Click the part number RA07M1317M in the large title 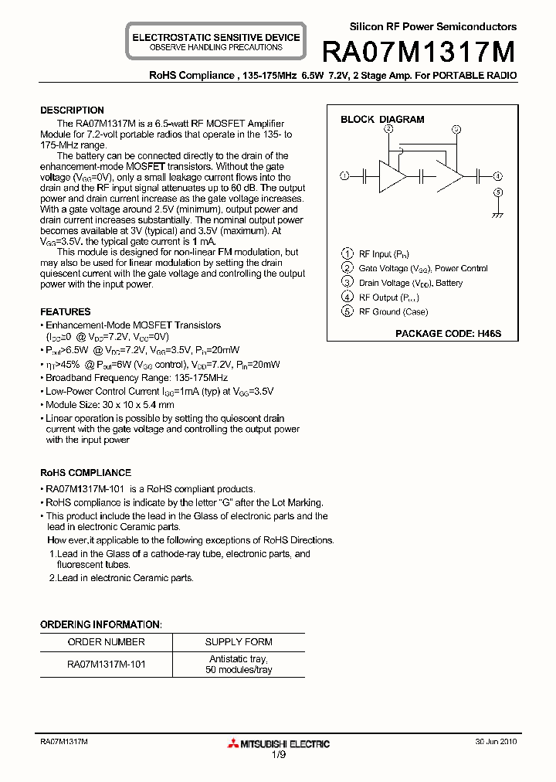click(419, 52)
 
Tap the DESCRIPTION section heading click(72, 110)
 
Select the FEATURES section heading click(66, 312)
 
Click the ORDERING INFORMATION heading click(100, 624)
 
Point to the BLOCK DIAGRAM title click(382, 120)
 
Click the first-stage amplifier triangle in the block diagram click(391, 176)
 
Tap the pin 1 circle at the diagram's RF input click(344, 176)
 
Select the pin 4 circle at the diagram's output click(498, 176)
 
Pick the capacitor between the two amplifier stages click(422, 176)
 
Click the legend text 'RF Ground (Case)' click(393, 312)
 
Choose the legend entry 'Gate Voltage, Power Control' click(423, 269)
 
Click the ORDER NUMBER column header click(106, 642)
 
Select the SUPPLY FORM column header click(239, 642)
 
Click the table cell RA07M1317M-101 click(106, 664)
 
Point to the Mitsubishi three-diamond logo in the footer click(233, 744)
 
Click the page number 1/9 click(278, 755)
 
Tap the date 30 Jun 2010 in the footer click(496, 741)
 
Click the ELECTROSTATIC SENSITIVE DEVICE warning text click(216, 37)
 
